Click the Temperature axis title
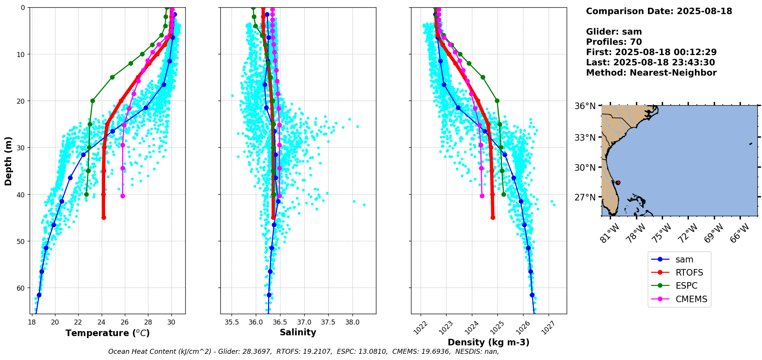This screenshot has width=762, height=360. [107, 333]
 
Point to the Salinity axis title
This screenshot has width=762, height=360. [298, 332]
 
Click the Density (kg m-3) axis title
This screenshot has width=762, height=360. [488, 342]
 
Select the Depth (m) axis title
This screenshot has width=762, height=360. [8, 161]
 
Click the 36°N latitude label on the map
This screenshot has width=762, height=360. [585, 106]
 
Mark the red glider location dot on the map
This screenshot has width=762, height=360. [618, 183]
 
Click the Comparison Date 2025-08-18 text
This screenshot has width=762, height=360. [659, 11]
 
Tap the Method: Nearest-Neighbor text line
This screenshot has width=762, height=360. [651, 73]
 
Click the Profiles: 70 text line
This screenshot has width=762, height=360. [614, 42]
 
